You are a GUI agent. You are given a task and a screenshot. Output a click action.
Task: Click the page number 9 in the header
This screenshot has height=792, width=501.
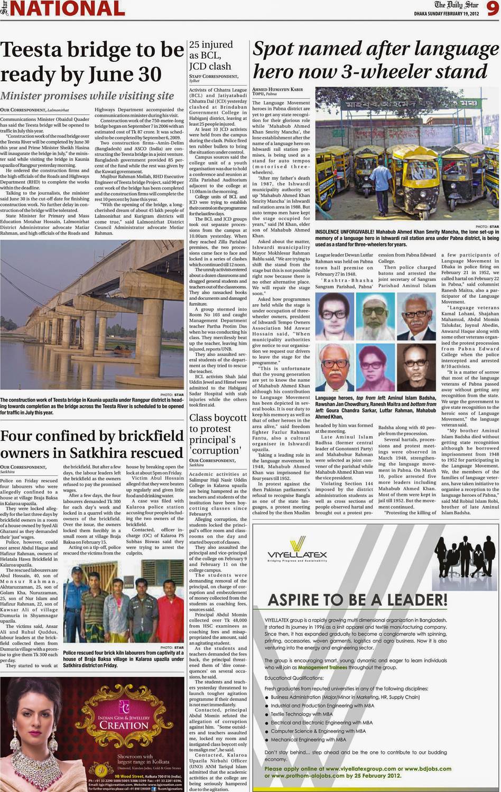pos(492,10)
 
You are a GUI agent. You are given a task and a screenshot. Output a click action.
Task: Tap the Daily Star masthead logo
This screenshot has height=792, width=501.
pos(457,5)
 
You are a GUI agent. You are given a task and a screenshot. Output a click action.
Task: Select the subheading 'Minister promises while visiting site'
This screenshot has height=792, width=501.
pos(87,96)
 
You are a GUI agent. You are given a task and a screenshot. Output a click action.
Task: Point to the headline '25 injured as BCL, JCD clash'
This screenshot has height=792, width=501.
pos(211,55)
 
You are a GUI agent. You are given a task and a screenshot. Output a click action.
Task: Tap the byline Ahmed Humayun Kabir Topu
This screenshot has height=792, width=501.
pos(277,91)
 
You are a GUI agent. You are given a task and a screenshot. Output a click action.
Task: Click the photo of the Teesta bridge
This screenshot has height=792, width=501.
pos(92,315)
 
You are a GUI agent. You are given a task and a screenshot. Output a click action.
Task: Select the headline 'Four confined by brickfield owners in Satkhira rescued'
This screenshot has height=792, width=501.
pos(92,445)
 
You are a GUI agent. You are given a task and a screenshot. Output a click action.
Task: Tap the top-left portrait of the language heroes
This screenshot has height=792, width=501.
pos(334,316)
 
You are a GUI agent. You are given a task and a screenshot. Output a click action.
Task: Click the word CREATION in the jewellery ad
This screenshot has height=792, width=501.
pos(124,725)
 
